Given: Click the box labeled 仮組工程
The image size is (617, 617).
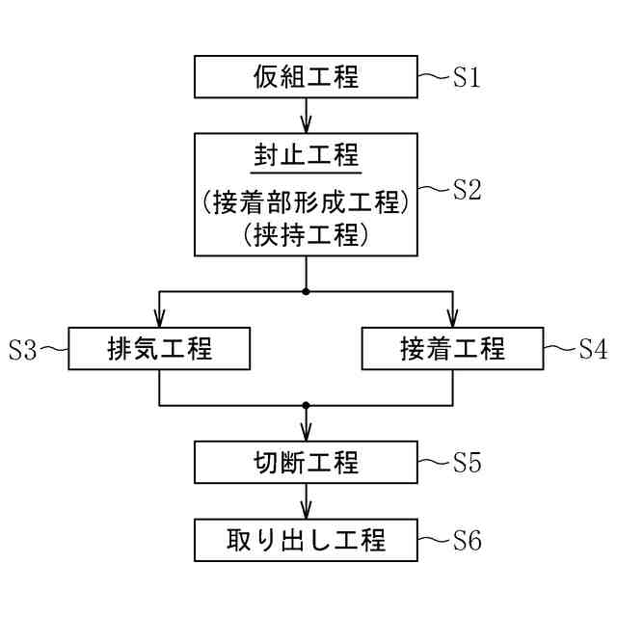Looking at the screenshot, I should click(x=307, y=77).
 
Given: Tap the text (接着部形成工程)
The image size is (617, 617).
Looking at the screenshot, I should click(x=307, y=202).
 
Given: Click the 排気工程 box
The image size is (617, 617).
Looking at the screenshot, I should click(x=160, y=349).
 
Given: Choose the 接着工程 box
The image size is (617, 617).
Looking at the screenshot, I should click(x=452, y=349).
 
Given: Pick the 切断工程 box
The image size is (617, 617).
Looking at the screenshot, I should click(x=307, y=463).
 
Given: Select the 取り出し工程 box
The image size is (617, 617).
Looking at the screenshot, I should click(x=307, y=540).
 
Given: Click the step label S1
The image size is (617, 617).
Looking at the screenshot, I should click(x=467, y=77).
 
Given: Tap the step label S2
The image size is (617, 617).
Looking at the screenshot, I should click(x=467, y=189).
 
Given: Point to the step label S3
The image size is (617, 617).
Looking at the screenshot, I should click(x=23, y=350).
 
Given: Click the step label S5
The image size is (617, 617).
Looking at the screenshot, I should click(x=467, y=463).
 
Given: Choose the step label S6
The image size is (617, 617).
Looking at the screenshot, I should click(x=467, y=541).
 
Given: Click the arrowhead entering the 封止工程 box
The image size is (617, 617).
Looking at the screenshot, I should click(x=307, y=125).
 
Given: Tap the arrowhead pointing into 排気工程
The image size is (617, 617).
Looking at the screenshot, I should click(x=160, y=321).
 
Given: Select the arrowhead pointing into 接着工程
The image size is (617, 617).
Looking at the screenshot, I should click(x=452, y=321).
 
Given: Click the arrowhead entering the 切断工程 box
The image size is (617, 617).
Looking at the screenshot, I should click(x=307, y=435).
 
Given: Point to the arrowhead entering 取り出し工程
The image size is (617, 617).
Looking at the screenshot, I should click(x=307, y=512).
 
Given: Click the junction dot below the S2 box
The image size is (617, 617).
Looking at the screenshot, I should click(x=307, y=290).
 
